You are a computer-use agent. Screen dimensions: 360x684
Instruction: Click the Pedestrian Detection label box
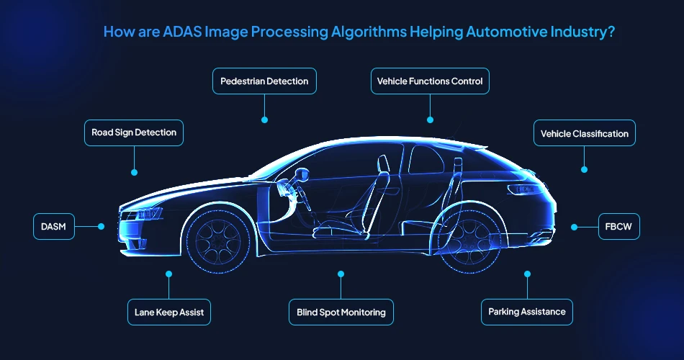265,81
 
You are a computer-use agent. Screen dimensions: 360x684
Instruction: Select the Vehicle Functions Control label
430,81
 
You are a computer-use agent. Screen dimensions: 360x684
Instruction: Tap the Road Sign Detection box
134,133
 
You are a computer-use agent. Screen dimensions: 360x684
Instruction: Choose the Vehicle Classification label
584,133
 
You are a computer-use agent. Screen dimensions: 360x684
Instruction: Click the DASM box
54,226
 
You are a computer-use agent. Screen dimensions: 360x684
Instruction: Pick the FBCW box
618,226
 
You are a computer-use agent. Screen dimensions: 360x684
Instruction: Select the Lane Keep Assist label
169,312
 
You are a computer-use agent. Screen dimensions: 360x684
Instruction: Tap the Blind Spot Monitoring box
341,312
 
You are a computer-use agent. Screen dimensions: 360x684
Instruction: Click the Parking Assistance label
526,312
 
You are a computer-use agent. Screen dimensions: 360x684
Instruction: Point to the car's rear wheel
470,237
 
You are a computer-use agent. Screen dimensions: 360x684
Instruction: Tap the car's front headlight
142,214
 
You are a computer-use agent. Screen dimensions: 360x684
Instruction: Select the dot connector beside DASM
101,226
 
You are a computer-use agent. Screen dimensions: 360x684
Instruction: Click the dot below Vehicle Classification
584,170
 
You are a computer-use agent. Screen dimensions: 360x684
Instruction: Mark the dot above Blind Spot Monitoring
341,274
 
